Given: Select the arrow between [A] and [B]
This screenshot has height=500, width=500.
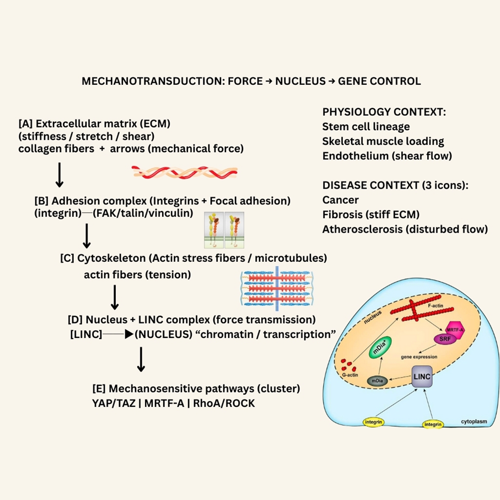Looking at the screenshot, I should tap(59, 175).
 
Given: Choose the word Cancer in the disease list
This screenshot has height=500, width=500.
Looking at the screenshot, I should tap(340, 200).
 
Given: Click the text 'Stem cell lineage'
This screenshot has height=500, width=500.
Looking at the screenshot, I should tap(366, 127).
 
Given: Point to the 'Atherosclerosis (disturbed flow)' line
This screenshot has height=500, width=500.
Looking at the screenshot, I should tap(405, 229).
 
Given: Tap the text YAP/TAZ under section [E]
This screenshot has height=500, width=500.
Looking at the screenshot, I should tap(114, 403).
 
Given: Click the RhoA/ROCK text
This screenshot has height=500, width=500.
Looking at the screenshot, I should tap(224, 403).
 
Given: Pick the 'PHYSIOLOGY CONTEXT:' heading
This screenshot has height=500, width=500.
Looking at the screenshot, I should tap(384, 112).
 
